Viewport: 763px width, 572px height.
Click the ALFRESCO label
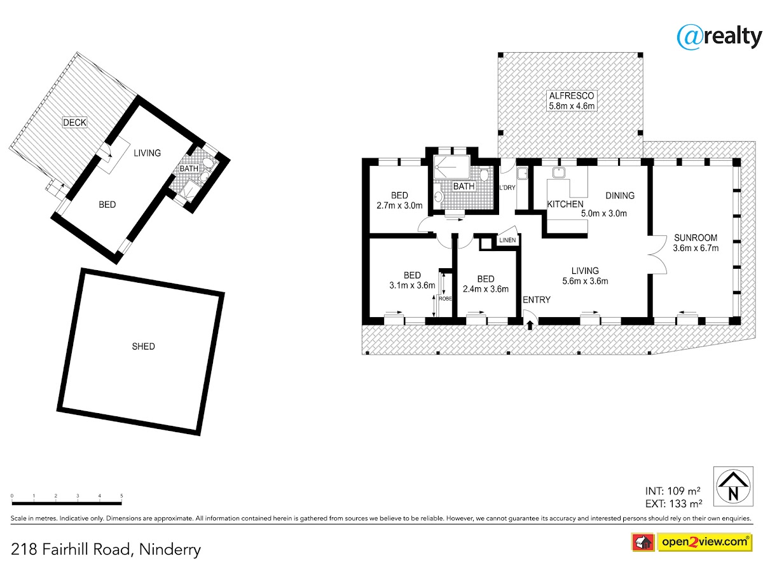coord(571,95)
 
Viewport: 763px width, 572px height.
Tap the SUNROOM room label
coord(695,238)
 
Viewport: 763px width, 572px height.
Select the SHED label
coord(143,346)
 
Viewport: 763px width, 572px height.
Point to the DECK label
coord(74,122)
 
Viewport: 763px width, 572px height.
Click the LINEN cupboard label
coord(507,240)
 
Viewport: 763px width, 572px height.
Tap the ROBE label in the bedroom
coord(445,298)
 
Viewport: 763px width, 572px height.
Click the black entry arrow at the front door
coord(530,325)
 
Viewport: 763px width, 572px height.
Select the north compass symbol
coord(732,486)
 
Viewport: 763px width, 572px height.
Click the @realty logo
coord(719,37)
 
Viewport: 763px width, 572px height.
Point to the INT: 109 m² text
coord(673,491)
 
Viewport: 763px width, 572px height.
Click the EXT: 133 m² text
coord(673,503)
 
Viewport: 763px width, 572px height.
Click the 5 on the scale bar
coord(121,496)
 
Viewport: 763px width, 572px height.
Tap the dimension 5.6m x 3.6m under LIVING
coord(585,281)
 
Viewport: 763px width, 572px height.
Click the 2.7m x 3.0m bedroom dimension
coord(399,205)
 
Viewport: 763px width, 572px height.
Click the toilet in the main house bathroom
coord(485,174)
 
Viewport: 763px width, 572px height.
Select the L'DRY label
coord(507,187)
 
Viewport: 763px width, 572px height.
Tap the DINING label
coord(620,196)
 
